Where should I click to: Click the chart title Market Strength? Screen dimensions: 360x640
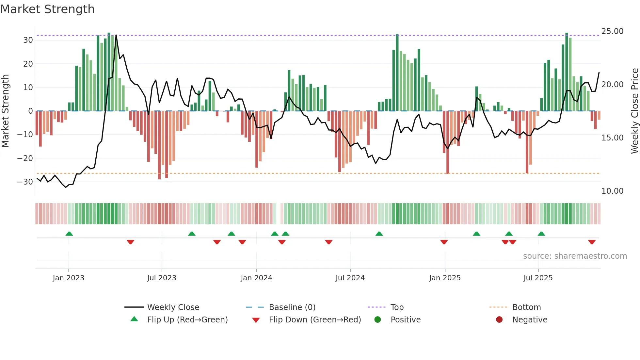coord(48,9)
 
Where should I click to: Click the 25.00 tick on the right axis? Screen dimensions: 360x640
coord(612,31)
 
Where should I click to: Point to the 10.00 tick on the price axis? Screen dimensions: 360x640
coord(612,191)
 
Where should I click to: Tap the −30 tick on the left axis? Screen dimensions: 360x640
coord(25,182)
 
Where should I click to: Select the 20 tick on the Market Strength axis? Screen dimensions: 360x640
coord(28,64)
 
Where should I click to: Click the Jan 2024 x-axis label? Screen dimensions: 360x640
coord(256,278)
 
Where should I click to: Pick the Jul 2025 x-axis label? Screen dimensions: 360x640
coord(538,278)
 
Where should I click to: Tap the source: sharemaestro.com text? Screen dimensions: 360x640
coord(575,256)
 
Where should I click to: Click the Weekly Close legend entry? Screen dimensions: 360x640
coord(173,307)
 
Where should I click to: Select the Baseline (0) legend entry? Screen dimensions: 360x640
coord(292,307)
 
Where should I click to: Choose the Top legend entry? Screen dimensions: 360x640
coord(397,307)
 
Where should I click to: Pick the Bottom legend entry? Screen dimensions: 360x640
coord(526,307)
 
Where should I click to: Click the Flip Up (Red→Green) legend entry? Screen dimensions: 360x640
coord(187,320)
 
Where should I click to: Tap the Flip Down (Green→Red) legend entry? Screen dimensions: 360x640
coord(315,320)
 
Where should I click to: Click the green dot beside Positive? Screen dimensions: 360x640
coord(378,320)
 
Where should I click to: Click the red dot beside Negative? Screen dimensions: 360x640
coord(499,320)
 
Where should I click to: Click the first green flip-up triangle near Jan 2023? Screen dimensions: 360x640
coord(69,234)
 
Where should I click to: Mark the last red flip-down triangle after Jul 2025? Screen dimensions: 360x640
coord(592,242)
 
